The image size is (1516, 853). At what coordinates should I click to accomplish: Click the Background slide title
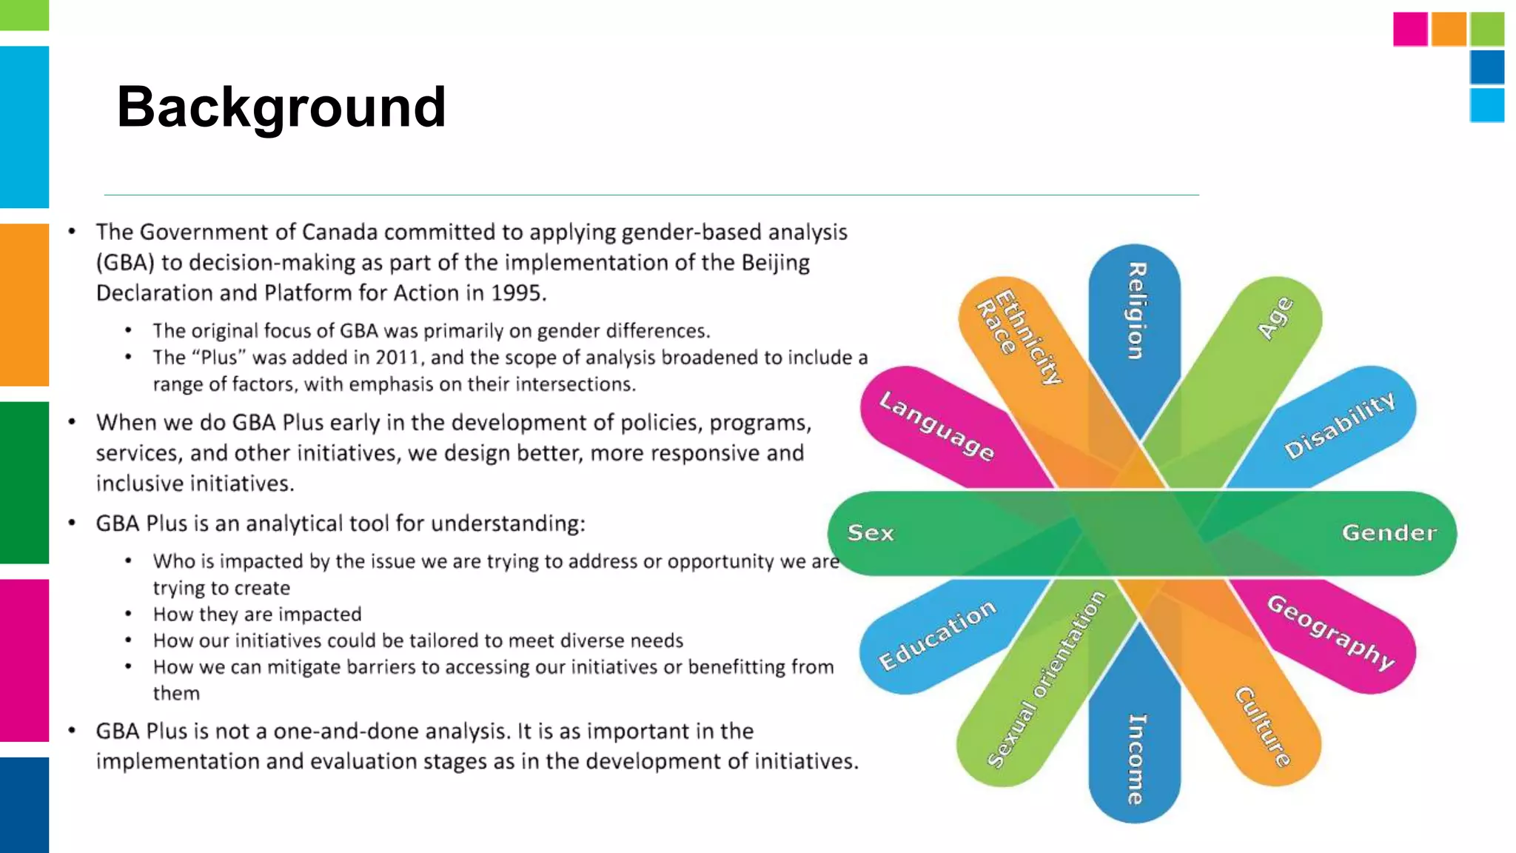tap(281, 107)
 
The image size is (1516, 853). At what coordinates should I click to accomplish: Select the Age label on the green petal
tap(1275, 318)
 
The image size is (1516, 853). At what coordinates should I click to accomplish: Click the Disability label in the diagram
tap(1340, 425)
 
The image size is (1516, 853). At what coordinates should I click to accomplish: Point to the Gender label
tap(1389, 532)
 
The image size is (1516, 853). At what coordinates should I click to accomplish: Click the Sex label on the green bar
tap(871, 532)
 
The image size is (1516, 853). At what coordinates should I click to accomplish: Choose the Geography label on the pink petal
tap(1331, 632)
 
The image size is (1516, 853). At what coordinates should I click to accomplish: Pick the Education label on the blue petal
tap(937, 635)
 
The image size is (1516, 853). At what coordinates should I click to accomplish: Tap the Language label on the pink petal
tap(936, 426)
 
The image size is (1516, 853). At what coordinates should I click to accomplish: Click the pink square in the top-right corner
tap(1410, 30)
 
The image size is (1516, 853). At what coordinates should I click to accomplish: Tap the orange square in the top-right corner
tap(1449, 30)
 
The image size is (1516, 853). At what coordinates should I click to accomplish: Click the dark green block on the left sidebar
tap(24, 483)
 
